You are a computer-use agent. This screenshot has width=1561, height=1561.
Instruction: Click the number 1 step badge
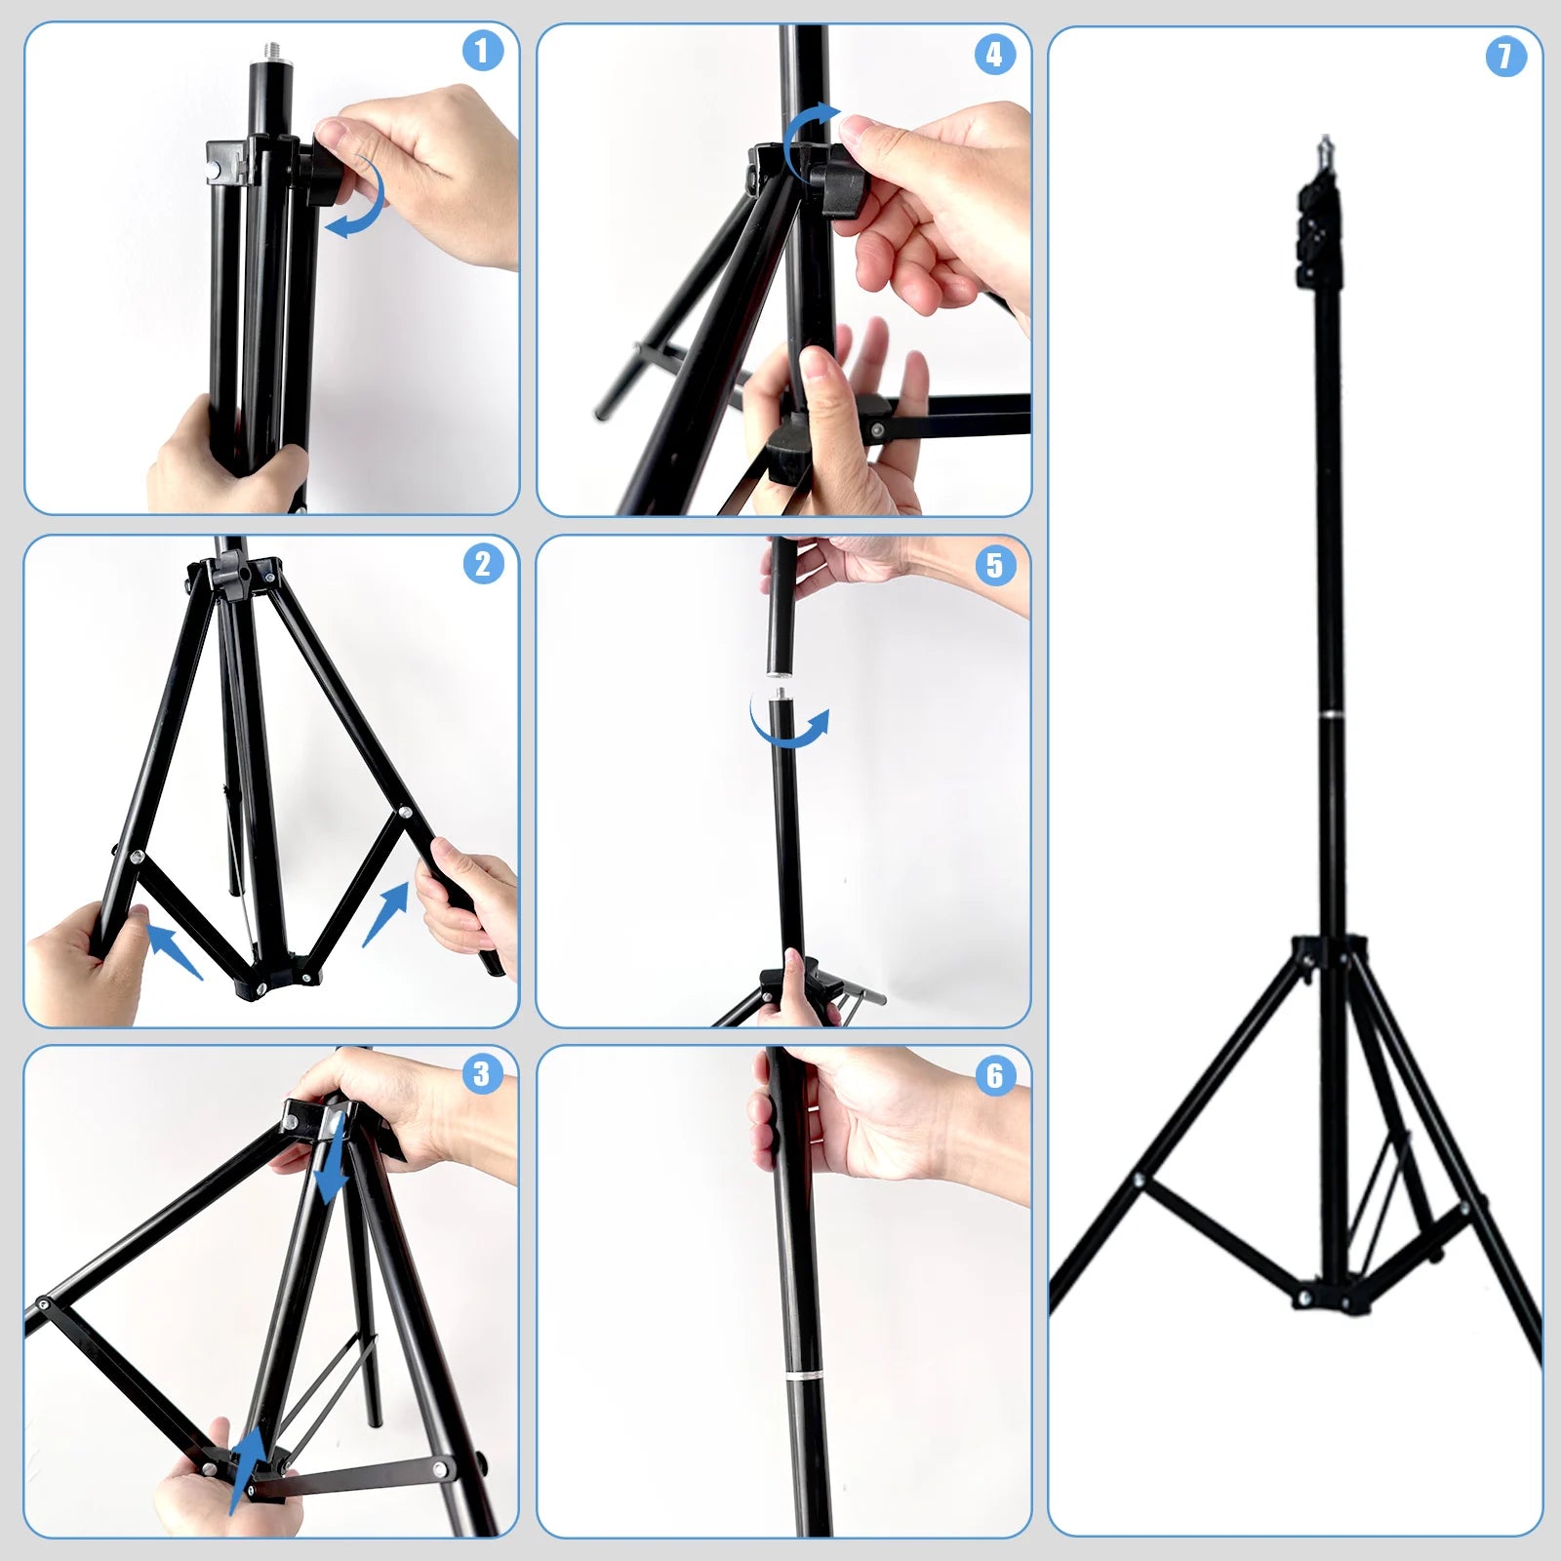(482, 51)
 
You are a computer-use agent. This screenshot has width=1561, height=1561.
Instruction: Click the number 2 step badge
(483, 564)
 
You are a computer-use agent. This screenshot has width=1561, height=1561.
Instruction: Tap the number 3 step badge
(481, 1074)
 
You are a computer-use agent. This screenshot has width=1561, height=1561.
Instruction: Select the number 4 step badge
(994, 55)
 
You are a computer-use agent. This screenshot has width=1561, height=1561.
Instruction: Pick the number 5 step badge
(994, 565)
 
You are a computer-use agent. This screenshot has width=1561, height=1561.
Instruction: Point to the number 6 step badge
(994, 1075)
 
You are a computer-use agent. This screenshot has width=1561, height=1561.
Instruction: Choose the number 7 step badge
(1505, 56)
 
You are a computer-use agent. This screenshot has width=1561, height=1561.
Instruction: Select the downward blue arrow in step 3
(333, 1161)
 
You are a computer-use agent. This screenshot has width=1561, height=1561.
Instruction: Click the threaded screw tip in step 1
(263, 74)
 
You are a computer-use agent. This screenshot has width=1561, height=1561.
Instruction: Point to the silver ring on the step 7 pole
(1331, 715)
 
